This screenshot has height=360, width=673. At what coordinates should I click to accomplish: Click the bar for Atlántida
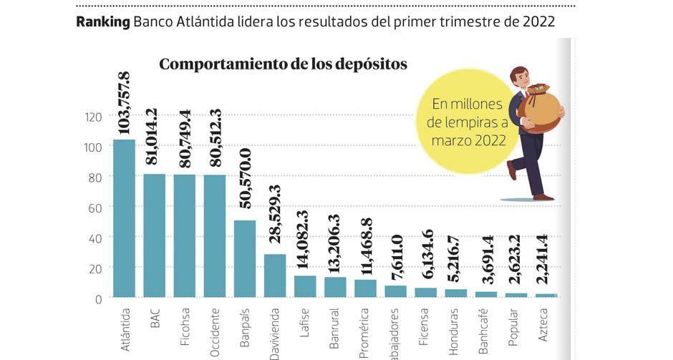pos(124,218)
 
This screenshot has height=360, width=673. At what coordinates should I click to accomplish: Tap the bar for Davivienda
pos(275,275)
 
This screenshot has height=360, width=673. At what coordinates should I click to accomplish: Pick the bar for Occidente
pos(215,235)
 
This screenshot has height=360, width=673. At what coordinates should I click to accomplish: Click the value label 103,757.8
pos(123,102)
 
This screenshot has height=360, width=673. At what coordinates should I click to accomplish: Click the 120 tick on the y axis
pos(95,117)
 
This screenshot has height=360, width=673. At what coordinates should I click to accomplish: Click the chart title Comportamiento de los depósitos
pos(283,64)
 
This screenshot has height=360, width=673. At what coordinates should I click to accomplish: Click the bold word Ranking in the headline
pos(102,22)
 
